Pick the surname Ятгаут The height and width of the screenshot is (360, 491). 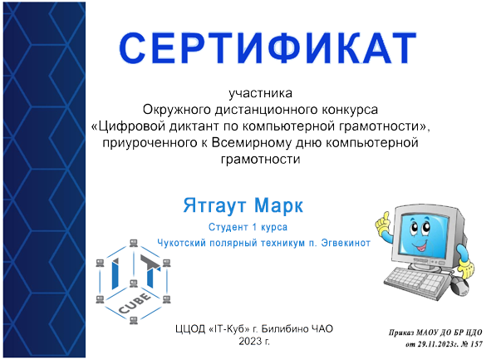click(x=211, y=205)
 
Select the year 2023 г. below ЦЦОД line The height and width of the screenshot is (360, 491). click(x=255, y=342)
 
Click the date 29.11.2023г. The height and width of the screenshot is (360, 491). click(x=431, y=343)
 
